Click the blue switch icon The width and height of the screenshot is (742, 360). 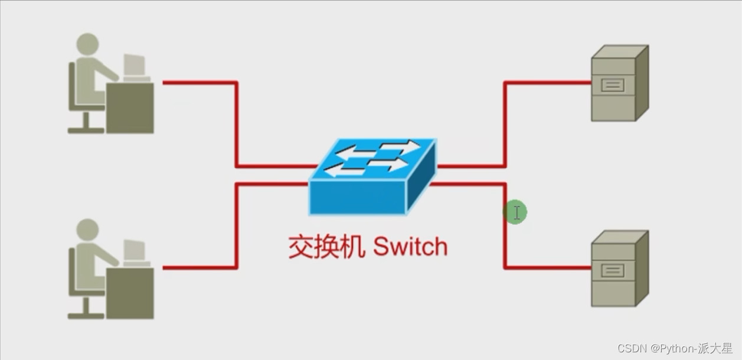(372, 177)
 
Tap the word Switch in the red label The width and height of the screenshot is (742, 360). (410, 247)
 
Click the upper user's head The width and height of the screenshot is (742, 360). (88, 44)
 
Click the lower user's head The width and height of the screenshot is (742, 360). (88, 230)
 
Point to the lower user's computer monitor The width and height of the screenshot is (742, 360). (134, 250)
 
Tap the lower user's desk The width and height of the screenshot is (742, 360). (130, 293)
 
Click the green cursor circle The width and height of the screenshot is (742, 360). (515, 212)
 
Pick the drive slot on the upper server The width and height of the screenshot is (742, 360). (613, 85)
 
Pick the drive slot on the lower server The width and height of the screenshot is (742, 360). (613, 270)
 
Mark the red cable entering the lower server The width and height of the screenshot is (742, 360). (549, 267)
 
